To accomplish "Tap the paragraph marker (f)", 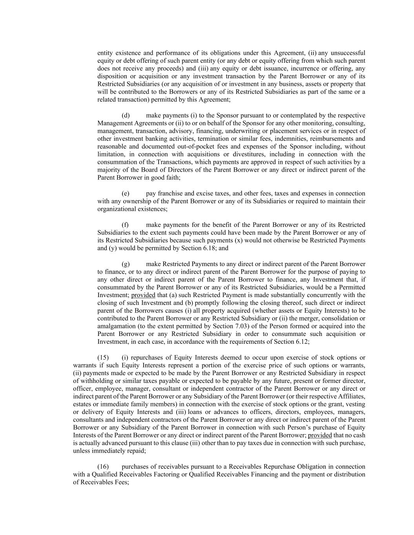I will coord(125,225).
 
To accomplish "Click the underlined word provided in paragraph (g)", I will coord(143,295).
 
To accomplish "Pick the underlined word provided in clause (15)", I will coord(320,435).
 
